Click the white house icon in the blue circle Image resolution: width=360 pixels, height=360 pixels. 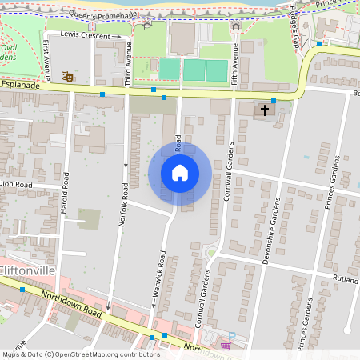pos(180,173)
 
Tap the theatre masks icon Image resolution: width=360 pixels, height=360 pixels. pos(68,76)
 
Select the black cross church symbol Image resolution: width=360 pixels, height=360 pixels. pos(265,110)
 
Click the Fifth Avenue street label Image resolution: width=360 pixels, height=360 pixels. pos(235,59)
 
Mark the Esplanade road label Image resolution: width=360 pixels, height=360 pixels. pos(19,82)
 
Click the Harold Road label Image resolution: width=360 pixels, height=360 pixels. pos(65,213)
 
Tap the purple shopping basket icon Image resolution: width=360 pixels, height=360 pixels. pos(227,346)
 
